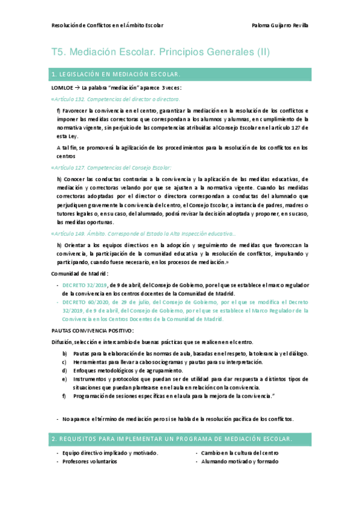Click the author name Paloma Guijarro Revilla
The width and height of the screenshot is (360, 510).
[x=280, y=25]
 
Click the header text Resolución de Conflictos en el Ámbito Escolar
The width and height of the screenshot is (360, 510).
[x=108, y=25]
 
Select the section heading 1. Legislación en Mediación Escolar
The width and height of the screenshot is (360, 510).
[x=117, y=75]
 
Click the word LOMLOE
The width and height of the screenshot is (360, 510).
[x=63, y=88]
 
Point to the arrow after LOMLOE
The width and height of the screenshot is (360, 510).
[x=78, y=88]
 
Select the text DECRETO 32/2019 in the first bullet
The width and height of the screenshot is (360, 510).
[x=85, y=284]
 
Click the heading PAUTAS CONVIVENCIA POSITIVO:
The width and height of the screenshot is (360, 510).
[x=93, y=331]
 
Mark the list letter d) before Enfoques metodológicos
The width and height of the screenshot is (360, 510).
[x=65, y=370]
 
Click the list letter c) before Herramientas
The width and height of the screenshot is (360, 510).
[x=65, y=362]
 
